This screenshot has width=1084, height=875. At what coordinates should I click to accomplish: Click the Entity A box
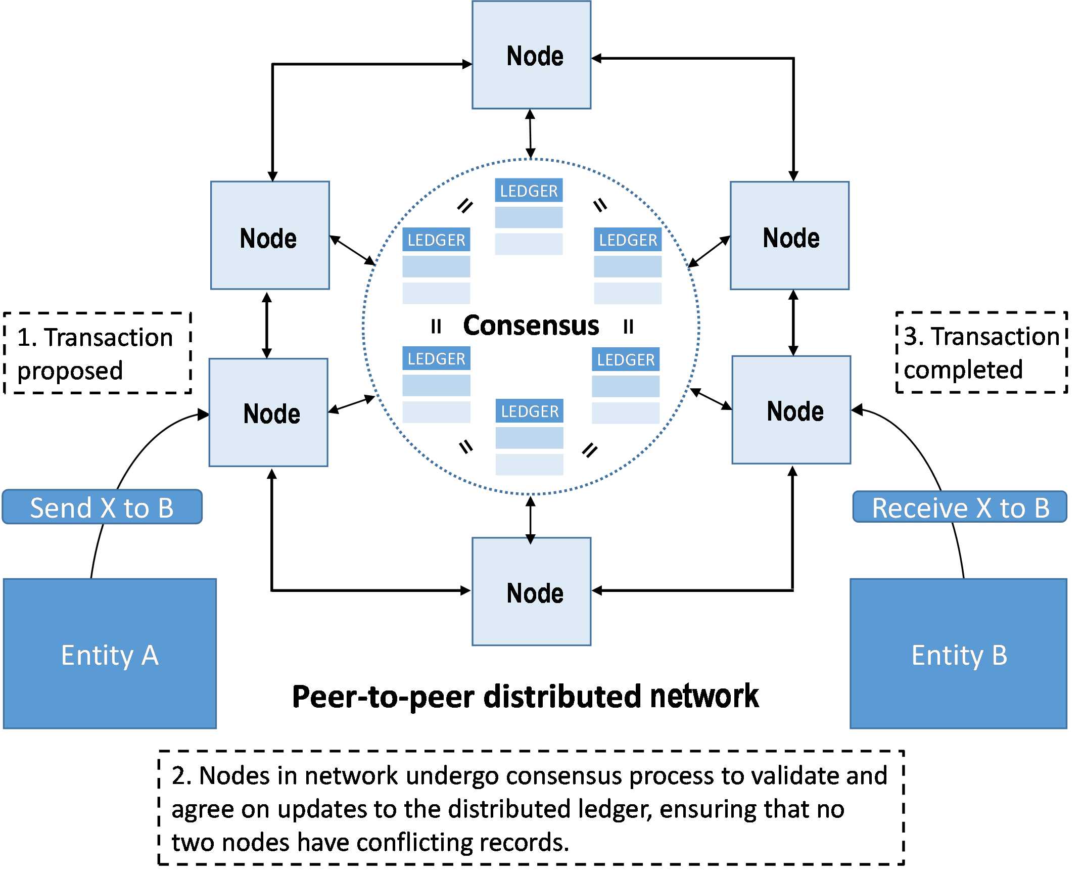(x=110, y=654)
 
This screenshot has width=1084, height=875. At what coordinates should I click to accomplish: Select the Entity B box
(x=958, y=654)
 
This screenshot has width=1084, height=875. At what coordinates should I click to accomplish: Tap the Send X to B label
(x=102, y=507)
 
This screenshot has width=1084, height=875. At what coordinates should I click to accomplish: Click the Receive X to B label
(x=960, y=507)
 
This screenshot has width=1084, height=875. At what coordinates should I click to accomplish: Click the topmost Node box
(x=531, y=55)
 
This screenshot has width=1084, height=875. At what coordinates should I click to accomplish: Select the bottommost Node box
(x=531, y=591)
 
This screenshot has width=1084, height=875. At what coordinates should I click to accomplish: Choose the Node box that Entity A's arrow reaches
(x=268, y=412)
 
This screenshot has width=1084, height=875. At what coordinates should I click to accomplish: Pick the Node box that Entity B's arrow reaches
(x=791, y=410)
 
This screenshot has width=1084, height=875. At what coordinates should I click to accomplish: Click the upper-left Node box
(x=270, y=236)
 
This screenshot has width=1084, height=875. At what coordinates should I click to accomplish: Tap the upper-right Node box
(x=789, y=236)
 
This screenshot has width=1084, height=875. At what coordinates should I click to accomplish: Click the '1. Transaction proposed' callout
(x=98, y=353)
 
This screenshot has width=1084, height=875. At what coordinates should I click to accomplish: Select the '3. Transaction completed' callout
(x=981, y=352)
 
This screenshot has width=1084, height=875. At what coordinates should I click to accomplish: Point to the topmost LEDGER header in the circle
(x=529, y=191)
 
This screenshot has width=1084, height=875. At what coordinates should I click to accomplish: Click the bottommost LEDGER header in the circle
(x=530, y=411)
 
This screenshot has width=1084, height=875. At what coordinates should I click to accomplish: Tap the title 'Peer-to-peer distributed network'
(x=525, y=696)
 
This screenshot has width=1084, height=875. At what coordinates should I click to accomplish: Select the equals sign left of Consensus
(x=436, y=327)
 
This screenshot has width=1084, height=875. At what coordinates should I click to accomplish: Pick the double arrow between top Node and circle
(x=530, y=134)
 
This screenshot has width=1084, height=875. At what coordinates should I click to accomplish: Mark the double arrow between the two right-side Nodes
(x=793, y=323)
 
